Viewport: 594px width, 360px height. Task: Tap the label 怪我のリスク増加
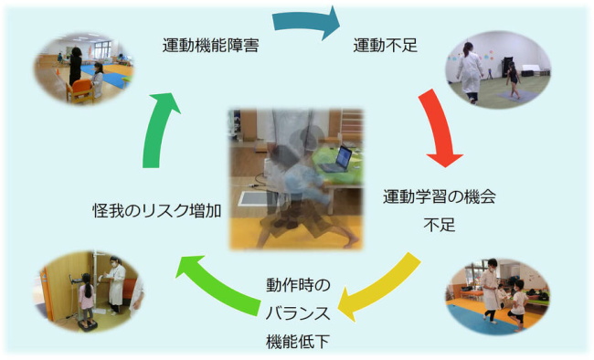click(x=157, y=209)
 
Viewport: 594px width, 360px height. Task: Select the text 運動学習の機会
click(x=440, y=196)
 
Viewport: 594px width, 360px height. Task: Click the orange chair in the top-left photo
click(x=81, y=90)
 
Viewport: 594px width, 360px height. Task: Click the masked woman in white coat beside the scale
click(x=116, y=285)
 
